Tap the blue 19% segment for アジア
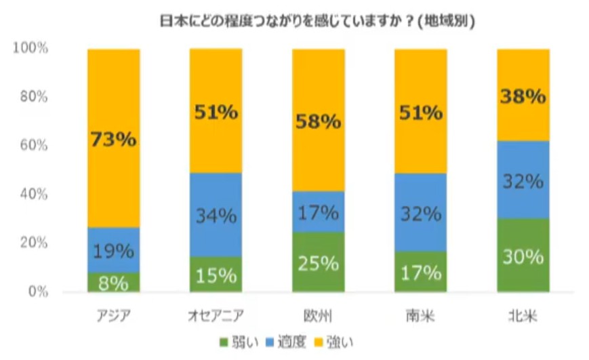pyautogui.click(x=114, y=249)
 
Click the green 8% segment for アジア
pyautogui.click(x=114, y=282)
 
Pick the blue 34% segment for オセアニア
pyautogui.click(x=216, y=215)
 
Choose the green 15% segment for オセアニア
pyautogui.click(x=216, y=275)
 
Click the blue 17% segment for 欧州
pyautogui.click(x=319, y=212)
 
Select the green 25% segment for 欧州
pyautogui.click(x=319, y=262)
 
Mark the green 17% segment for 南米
pyautogui.click(x=421, y=272)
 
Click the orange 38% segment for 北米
pyautogui.click(x=523, y=95)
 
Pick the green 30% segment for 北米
pyautogui.click(x=523, y=256)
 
